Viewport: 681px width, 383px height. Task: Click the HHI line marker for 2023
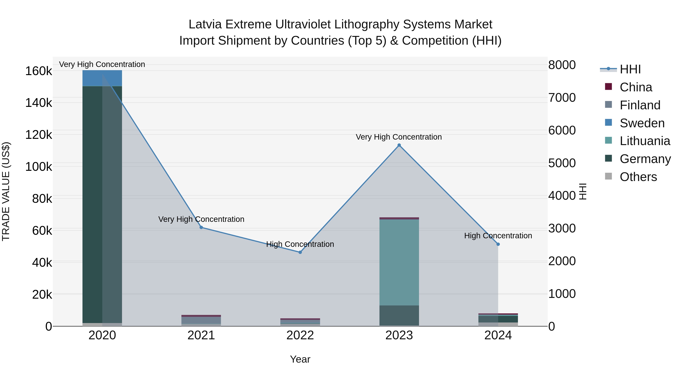pos(399,145)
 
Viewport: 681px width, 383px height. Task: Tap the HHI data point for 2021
pos(201,227)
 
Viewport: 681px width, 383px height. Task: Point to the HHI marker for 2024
pos(498,244)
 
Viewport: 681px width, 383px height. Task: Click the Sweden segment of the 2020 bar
pos(102,78)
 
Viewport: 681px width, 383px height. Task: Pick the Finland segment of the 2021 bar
pos(201,320)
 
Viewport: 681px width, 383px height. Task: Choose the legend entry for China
pos(636,87)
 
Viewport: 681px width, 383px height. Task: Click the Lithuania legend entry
pos(644,141)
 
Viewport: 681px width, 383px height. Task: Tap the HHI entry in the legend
pos(630,69)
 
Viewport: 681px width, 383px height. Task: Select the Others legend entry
pos(638,177)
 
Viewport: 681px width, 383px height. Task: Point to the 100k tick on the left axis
pos(39,167)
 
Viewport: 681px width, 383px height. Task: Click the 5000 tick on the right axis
pos(562,163)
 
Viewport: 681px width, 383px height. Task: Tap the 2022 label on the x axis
pos(300,335)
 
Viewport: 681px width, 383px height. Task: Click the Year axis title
pos(300,359)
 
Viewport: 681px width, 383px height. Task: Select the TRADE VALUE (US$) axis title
pos(6,191)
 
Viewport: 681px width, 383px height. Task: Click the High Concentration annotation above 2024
pos(498,235)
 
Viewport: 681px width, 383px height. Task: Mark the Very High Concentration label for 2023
pos(399,137)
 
